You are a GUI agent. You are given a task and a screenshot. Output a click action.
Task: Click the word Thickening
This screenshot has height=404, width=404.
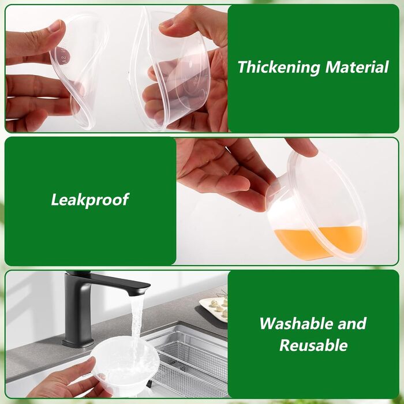point(278,68)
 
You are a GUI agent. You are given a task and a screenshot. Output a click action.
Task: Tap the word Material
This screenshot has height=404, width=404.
point(357,67)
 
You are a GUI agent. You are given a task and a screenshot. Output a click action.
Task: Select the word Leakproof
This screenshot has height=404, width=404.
point(90,200)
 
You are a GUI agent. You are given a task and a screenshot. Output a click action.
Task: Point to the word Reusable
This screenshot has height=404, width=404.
point(313,345)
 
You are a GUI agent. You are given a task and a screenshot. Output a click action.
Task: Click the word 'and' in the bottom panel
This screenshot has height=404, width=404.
point(352,324)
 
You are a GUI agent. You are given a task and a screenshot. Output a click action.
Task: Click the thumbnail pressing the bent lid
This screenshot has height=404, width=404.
point(55,26)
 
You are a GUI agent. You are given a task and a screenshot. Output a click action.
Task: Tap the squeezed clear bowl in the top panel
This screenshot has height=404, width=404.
point(170,70)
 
